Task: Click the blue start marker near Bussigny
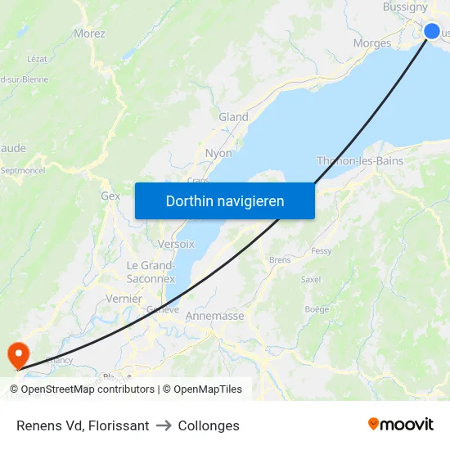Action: [432, 31]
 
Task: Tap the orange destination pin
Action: [16, 353]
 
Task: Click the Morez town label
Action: [89, 34]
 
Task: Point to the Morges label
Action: [372, 43]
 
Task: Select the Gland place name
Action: [233, 117]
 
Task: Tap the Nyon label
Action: [218, 153]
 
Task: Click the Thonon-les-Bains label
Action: [360, 161]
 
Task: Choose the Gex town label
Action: [110, 196]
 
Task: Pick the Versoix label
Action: [176, 244]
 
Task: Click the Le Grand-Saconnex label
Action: [151, 272]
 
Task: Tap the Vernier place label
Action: [124, 299]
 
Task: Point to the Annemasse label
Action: [215, 316]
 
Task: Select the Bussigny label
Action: [405, 7]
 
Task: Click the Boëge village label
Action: [317, 309]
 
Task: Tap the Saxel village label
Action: [310, 279]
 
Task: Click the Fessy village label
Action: [322, 251]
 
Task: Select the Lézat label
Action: [38, 59]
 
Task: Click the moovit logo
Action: [401, 425]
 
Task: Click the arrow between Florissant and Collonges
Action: [163, 425]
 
